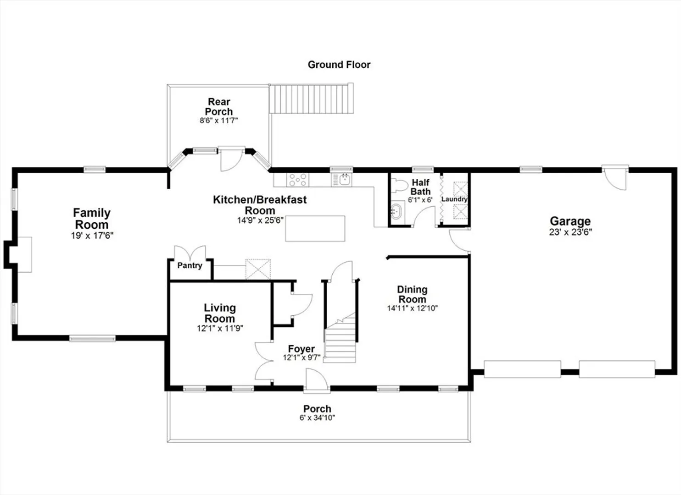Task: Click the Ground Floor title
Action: pyautogui.click(x=339, y=65)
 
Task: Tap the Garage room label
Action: pyautogui.click(x=570, y=221)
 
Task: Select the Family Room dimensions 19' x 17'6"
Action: pyautogui.click(x=92, y=235)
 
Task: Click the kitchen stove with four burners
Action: pyautogui.click(x=298, y=180)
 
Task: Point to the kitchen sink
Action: pyautogui.click(x=342, y=180)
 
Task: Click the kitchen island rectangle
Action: pyautogui.click(x=315, y=228)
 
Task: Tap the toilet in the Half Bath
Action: pyautogui.click(x=400, y=185)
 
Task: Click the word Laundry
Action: pyautogui.click(x=454, y=199)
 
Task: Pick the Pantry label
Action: pyautogui.click(x=190, y=265)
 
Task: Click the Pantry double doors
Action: pyautogui.click(x=190, y=253)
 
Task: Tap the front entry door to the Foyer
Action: pyautogui.click(x=317, y=380)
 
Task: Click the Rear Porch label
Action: pyautogui.click(x=219, y=107)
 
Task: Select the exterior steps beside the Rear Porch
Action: pyautogui.click(x=311, y=99)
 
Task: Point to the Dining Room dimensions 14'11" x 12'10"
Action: pyautogui.click(x=412, y=308)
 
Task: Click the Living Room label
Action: pyautogui.click(x=220, y=313)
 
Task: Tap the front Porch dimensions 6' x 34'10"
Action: pyautogui.click(x=317, y=418)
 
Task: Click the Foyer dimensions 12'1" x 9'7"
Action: pyautogui.click(x=301, y=357)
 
